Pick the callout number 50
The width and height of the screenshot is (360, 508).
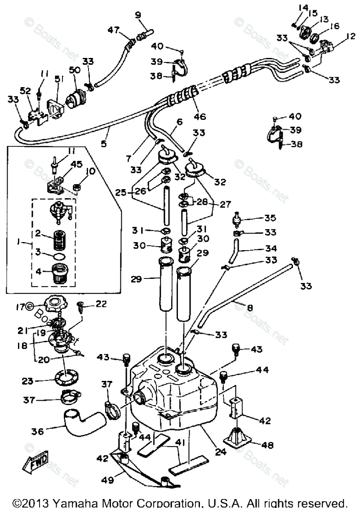coord(74,71)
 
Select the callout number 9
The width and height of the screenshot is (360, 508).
coord(138,15)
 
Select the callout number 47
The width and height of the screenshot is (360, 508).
coord(114,30)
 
